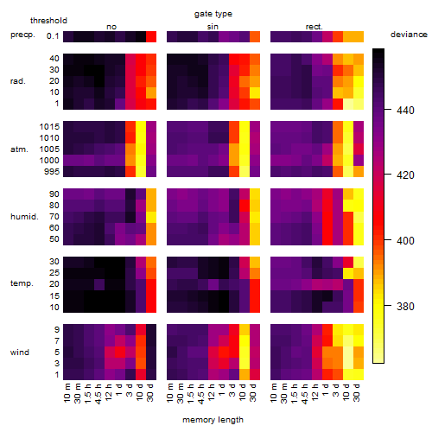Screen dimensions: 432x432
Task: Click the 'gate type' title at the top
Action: click(213, 14)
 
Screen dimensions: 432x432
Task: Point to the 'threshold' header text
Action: click(48, 21)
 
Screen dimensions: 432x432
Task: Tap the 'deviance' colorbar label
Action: click(409, 35)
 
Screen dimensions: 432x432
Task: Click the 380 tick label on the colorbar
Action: click(405, 306)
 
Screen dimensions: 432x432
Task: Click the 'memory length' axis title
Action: click(213, 420)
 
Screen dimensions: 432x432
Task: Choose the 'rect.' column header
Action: click(314, 27)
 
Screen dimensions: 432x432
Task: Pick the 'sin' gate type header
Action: click(213, 27)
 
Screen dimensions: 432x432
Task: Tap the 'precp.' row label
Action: click(22, 35)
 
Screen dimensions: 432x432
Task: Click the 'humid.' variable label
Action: click(24, 217)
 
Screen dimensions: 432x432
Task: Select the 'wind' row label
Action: click(20, 353)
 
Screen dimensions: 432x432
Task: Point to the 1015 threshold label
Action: click(49, 126)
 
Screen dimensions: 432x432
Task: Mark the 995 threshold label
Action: click(52, 171)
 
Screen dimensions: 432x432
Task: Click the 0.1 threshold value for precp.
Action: click(53, 36)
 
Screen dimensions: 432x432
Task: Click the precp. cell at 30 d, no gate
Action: click(151, 36)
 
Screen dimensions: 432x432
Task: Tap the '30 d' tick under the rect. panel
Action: click(357, 392)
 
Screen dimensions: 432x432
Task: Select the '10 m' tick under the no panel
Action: click(67, 392)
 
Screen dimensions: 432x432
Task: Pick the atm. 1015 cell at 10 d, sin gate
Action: click(245, 126)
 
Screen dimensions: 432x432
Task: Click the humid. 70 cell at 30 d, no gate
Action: click(151, 217)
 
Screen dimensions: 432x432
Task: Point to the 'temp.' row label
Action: click(22, 283)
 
